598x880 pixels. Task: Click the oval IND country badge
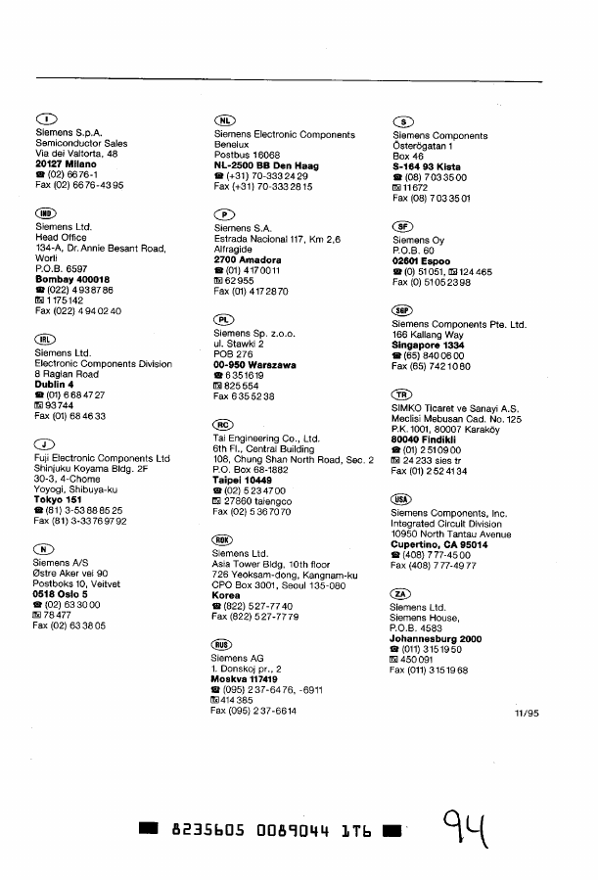[46, 212]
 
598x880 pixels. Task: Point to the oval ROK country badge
[223, 540]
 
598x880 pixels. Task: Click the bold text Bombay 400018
[72, 279]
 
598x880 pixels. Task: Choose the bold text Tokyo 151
[57, 499]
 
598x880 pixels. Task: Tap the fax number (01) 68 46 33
[70, 416]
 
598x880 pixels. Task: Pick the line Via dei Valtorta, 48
[76, 154]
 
